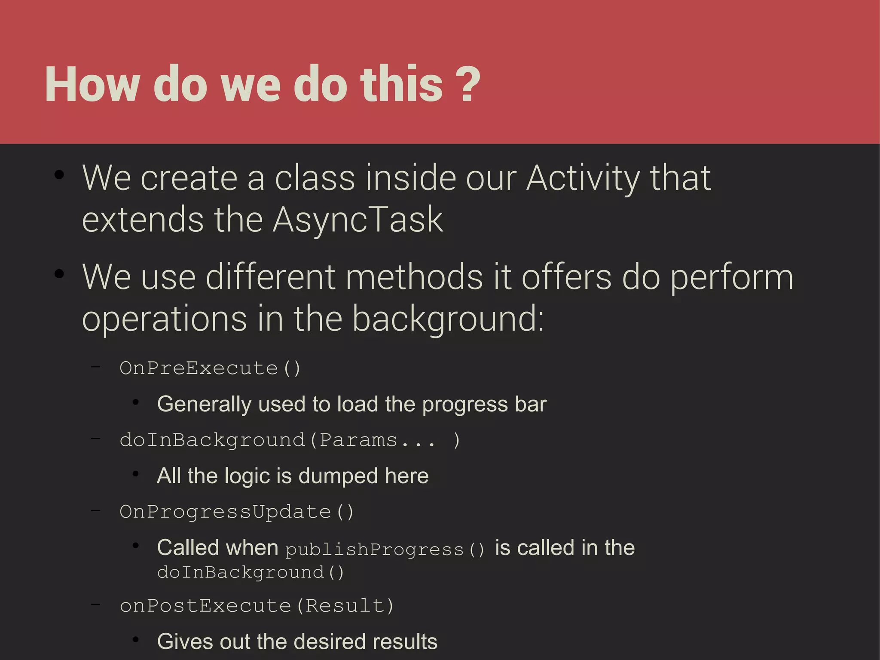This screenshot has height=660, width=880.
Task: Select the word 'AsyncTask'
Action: (x=357, y=220)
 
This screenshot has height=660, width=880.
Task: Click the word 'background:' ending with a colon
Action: (x=448, y=319)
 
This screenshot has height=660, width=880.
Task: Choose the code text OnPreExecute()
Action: (x=210, y=368)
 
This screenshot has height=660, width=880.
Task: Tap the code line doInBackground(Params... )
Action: (x=290, y=440)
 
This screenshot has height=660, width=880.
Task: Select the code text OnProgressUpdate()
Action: (x=236, y=512)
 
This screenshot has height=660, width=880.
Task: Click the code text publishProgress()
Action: (x=385, y=549)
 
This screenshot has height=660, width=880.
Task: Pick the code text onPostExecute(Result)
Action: (x=257, y=606)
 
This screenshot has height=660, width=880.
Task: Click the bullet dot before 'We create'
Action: (x=59, y=175)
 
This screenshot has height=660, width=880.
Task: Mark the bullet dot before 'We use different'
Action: (x=59, y=273)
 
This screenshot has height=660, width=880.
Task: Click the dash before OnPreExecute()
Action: (x=95, y=367)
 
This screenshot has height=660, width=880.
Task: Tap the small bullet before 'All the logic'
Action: (x=135, y=474)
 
